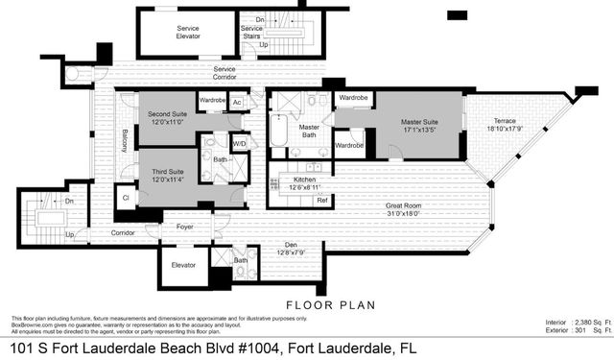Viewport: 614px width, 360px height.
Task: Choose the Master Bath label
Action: pos(309,132)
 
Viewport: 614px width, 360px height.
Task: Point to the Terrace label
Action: pos(487,122)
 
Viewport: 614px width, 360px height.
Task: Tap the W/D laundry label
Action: pos(239,145)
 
